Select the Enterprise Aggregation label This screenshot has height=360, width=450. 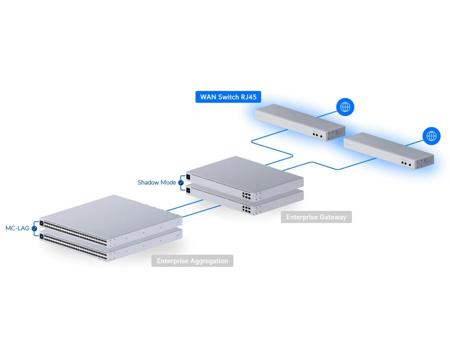click(192, 261)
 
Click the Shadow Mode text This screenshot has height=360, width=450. click(157, 183)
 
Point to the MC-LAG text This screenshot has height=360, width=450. click(17, 228)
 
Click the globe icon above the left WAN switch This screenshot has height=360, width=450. click(345, 107)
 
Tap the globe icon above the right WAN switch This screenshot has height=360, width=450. click(431, 135)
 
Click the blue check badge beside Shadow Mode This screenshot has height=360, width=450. click(181, 183)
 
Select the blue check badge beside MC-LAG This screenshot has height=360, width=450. click(34, 229)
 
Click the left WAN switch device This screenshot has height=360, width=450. click(299, 121)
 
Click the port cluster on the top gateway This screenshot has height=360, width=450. click(247, 195)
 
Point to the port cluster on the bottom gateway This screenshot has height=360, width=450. click(247, 209)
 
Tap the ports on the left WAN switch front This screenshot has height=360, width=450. click(316, 134)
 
